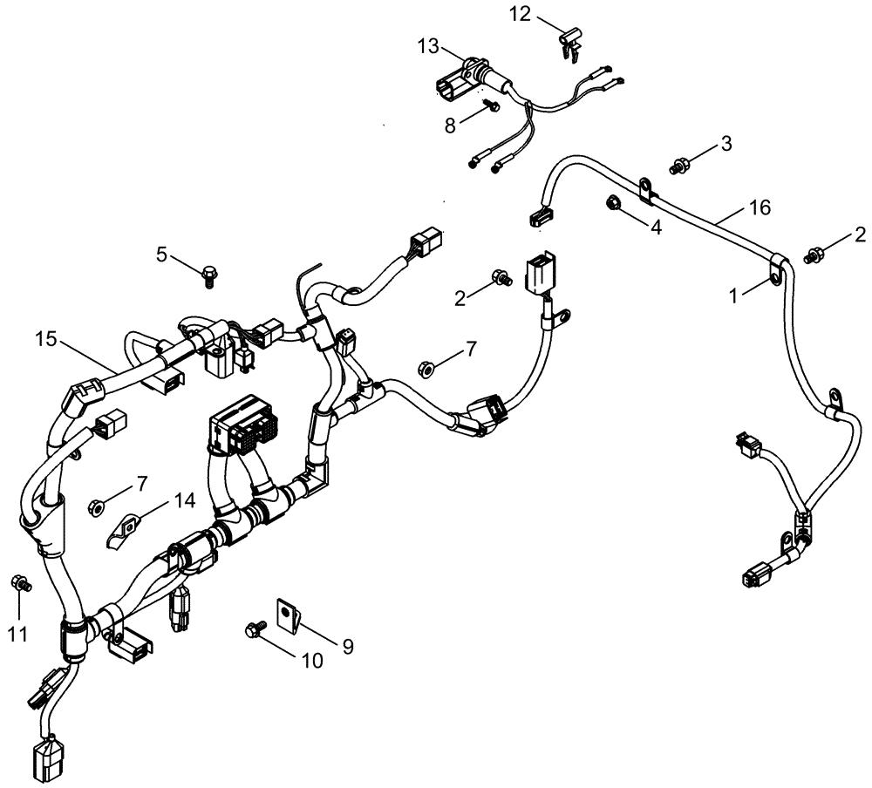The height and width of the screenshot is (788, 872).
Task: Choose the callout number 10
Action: [x=311, y=662]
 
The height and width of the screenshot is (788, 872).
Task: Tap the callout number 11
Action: [x=18, y=634]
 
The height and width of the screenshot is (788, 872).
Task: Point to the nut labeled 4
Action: [x=612, y=203]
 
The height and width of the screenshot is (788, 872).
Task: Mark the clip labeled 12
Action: [x=572, y=41]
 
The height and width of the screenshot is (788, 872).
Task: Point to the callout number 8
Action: [x=450, y=125]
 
